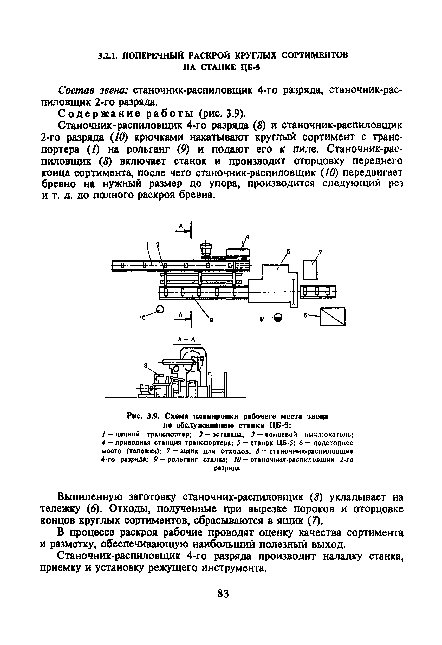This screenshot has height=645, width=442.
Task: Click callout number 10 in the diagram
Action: [x=142, y=319]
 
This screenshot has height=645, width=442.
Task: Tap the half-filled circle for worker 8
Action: [x=278, y=317]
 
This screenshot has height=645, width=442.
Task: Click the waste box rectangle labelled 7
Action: [x=310, y=270]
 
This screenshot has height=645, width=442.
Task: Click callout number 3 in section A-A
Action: [x=145, y=366]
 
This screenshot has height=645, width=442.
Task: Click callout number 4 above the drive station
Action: [x=248, y=237]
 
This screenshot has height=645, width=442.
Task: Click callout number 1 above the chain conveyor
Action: [x=147, y=244]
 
